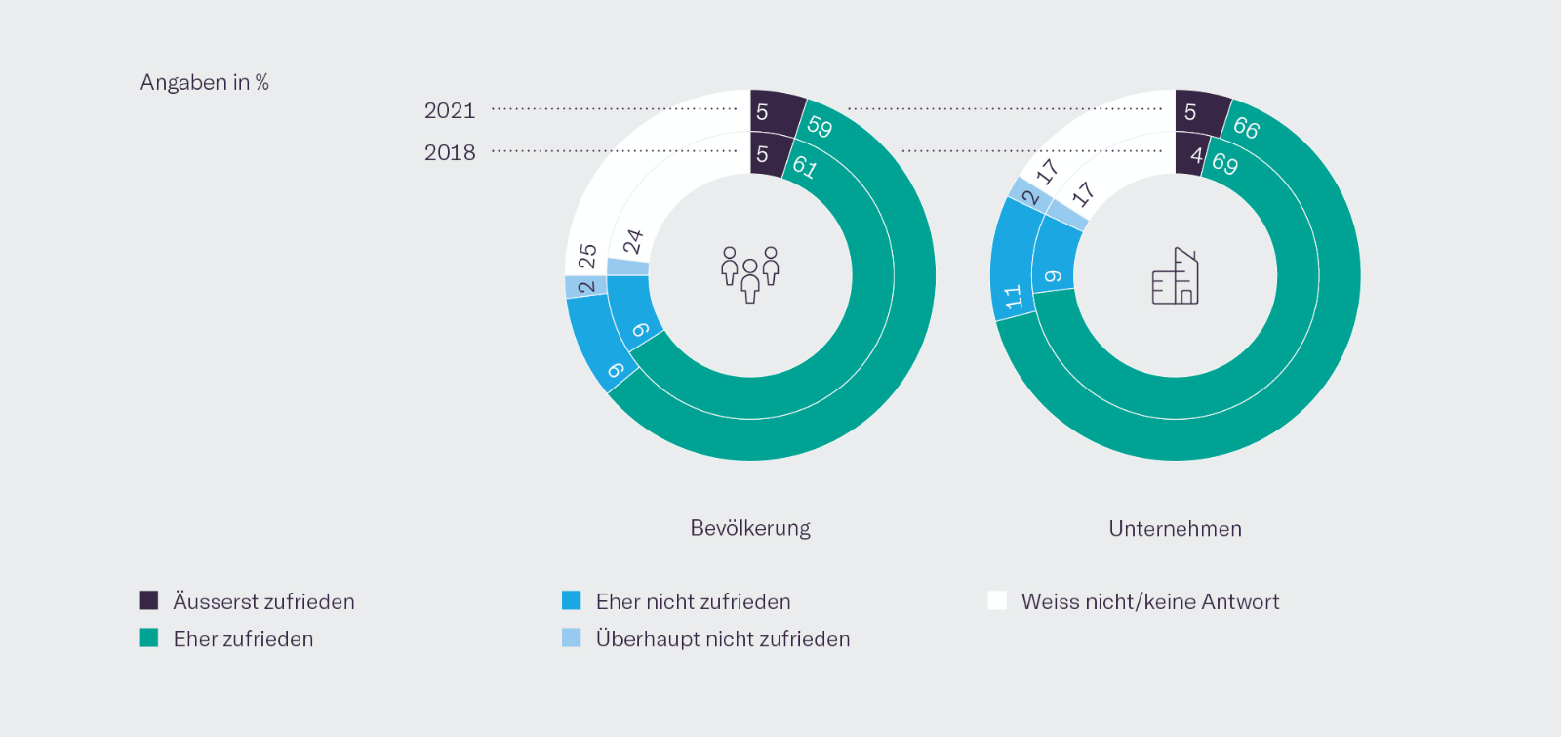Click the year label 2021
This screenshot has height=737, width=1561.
coord(450,110)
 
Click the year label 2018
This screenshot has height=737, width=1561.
coord(450,152)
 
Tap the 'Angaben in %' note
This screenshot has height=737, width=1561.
coord(204,82)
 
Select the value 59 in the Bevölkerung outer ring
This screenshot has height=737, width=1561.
coord(820,126)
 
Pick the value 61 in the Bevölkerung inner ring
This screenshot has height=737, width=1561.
coord(805,166)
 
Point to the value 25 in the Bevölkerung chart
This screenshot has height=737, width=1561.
coord(587,257)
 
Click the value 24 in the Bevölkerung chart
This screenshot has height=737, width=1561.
coord(633,240)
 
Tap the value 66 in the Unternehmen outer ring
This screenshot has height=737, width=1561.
coord(1246,127)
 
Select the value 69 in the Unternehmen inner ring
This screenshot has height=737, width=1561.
coord(1225,163)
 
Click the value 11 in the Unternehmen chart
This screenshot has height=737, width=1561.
coord(1014,296)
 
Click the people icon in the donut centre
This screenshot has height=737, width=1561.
coord(750,274)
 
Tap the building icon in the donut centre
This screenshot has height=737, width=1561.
coord(1175,276)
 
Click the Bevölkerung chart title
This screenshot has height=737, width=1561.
coord(750,528)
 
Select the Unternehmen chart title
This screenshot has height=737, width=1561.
coord(1175,529)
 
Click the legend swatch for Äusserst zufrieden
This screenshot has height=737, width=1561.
coord(148,600)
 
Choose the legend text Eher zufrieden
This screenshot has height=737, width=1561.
coord(243,638)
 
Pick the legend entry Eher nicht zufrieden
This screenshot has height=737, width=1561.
coord(693,601)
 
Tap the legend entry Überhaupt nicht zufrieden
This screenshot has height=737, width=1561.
coord(722,638)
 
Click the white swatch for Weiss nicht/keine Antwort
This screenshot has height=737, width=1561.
coord(997,600)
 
